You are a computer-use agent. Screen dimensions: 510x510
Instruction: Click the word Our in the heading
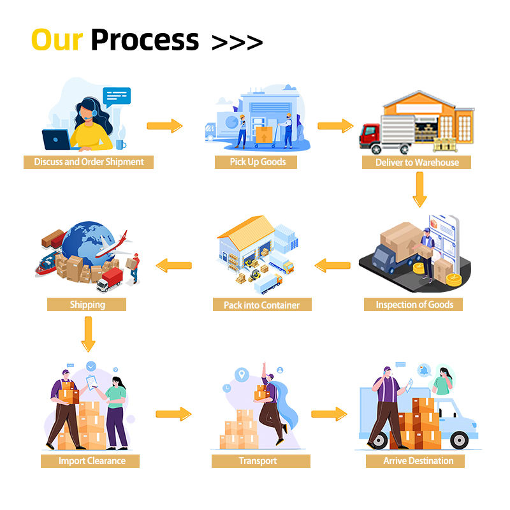pyautogui.click(x=57, y=40)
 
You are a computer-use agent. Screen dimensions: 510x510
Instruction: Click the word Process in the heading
pyautogui.click(x=145, y=40)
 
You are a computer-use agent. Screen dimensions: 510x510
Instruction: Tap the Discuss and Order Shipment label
pyautogui.click(x=89, y=162)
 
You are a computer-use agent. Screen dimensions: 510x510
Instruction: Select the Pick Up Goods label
pyautogui.click(x=258, y=162)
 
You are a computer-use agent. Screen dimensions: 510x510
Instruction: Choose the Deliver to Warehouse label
pyautogui.click(x=417, y=162)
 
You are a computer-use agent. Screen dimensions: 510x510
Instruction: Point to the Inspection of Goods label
pyautogui.click(x=414, y=304)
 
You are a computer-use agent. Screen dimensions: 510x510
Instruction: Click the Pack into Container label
pyautogui.click(x=261, y=305)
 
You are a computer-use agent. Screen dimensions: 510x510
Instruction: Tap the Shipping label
pyautogui.click(x=87, y=304)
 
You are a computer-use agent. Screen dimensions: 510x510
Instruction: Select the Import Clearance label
pyautogui.click(x=92, y=460)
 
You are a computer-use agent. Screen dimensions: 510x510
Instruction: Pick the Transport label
pyautogui.click(x=258, y=460)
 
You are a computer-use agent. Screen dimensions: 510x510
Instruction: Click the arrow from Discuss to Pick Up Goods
pyautogui.click(x=164, y=126)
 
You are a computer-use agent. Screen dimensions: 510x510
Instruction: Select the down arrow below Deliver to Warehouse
pyautogui.click(x=419, y=189)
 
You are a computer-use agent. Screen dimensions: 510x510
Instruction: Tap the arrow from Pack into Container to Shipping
pyautogui.click(x=174, y=265)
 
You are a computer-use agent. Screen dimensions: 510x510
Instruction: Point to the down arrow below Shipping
pyautogui.click(x=88, y=333)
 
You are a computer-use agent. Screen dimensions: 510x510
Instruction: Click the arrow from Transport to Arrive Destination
pyautogui.click(x=329, y=414)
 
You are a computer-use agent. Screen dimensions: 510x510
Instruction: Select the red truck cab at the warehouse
pyautogui.click(x=370, y=135)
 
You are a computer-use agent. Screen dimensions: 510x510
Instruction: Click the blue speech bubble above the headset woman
pyautogui.click(x=116, y=97)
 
